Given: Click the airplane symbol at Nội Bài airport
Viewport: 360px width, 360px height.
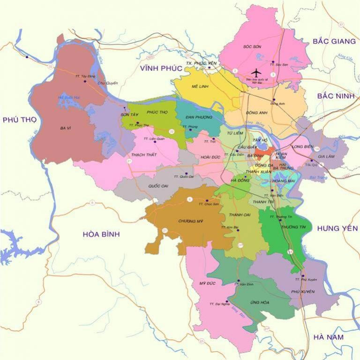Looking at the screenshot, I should (x=255, y=73).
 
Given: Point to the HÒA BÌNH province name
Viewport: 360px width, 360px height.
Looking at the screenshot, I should (x=101, y=234).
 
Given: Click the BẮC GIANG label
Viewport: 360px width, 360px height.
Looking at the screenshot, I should (x=334, y=41).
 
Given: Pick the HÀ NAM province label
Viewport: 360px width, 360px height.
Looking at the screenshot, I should (x=329, y=337).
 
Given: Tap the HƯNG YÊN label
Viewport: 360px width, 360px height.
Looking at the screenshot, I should (x=337, y=228).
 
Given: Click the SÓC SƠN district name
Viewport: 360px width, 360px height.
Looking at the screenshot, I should (x=251, y=47).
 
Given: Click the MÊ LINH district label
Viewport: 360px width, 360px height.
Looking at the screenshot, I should (x=200, y=87).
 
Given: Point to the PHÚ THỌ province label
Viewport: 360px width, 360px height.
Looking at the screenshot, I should (x=20, y=120).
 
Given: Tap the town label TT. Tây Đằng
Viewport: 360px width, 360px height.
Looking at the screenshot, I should (x=85, y=76).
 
